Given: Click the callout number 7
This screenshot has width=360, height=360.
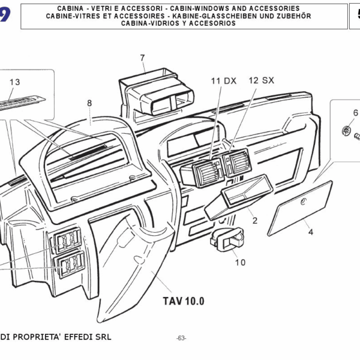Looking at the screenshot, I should tap(142, 58).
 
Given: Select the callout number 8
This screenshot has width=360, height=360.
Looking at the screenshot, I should tap(89, 103).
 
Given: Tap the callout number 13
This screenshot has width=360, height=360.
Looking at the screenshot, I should tap(15, 82).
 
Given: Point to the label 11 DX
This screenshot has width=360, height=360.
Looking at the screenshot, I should tap(223, 80).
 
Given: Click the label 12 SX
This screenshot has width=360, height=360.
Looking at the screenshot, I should tap(261, 80).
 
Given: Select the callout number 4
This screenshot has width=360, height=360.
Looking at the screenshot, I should tap(311, 232).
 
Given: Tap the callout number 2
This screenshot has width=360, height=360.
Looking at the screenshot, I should tap(254, 221).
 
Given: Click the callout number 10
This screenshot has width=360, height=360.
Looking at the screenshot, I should tap(240, 262).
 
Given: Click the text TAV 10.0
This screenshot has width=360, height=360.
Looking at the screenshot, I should tap(184, 301).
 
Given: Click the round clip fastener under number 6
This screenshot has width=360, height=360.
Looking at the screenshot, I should tap(346, 129).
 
